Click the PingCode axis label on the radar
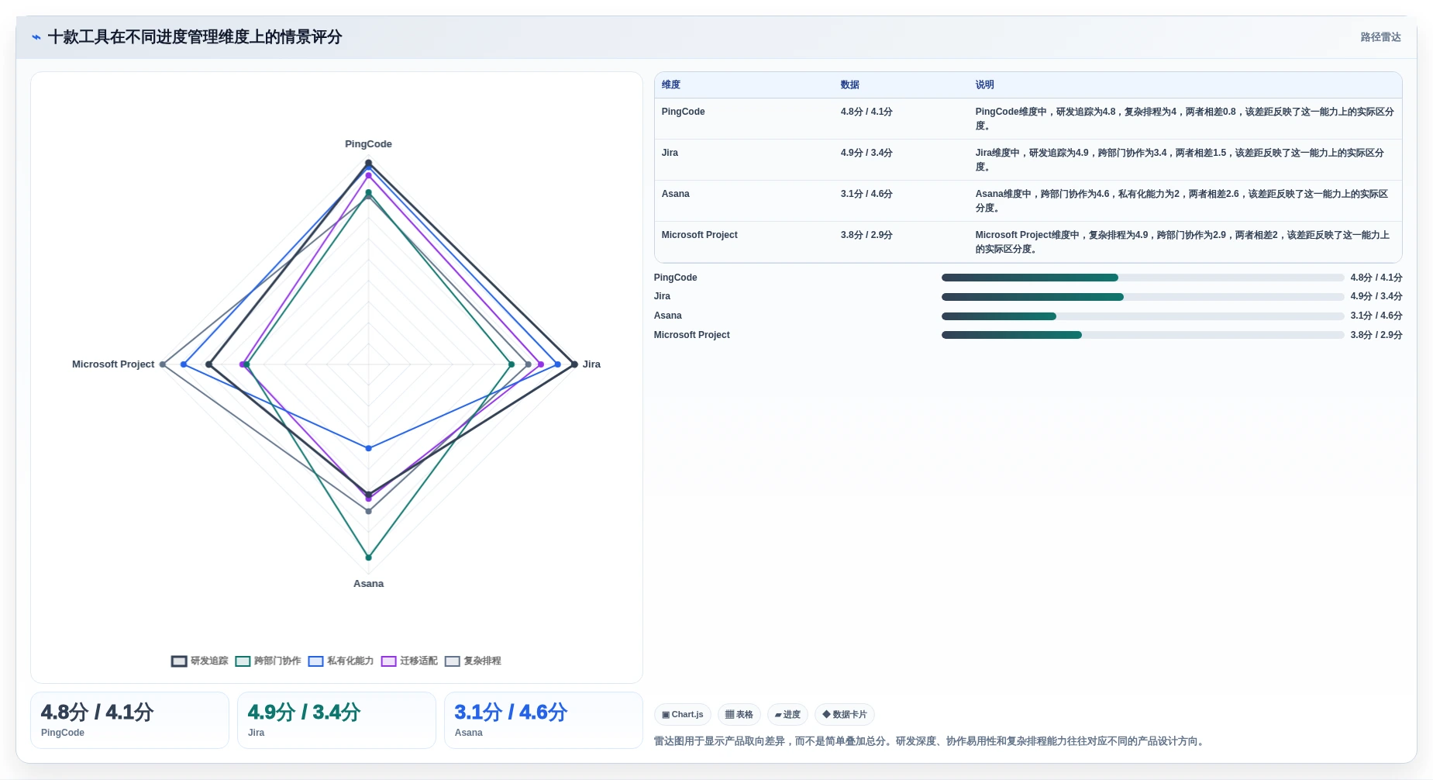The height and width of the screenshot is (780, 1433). point(368,144)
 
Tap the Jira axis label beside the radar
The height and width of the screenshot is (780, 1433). point(591,364)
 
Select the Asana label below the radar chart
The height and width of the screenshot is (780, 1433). point(368,584)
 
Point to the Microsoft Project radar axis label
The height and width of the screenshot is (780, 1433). point(113,364)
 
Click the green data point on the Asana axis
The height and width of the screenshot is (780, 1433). point(368,557)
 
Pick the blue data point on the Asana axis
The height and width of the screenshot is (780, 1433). point(368,448)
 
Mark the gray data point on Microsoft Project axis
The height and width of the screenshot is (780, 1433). point(162,364)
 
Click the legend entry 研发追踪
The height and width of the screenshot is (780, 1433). point(200,661)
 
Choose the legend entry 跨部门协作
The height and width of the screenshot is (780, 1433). point(268,661)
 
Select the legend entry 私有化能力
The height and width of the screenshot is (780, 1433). point(341,661)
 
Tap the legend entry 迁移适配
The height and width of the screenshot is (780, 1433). point(409,661)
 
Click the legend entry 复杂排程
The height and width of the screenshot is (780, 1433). point(473,661)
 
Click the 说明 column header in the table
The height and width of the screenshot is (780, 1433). point(984,85)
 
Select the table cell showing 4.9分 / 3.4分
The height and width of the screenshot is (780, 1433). point(866,154)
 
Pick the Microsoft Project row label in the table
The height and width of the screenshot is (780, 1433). point(699,235)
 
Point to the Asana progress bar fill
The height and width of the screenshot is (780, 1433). point(999,316)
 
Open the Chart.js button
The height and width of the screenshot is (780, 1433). point(683,715)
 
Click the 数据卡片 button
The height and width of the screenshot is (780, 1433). point(845,715)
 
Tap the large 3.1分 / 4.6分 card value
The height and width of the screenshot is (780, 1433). point(511,713)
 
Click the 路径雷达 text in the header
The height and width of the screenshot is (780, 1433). point(1381,37)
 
